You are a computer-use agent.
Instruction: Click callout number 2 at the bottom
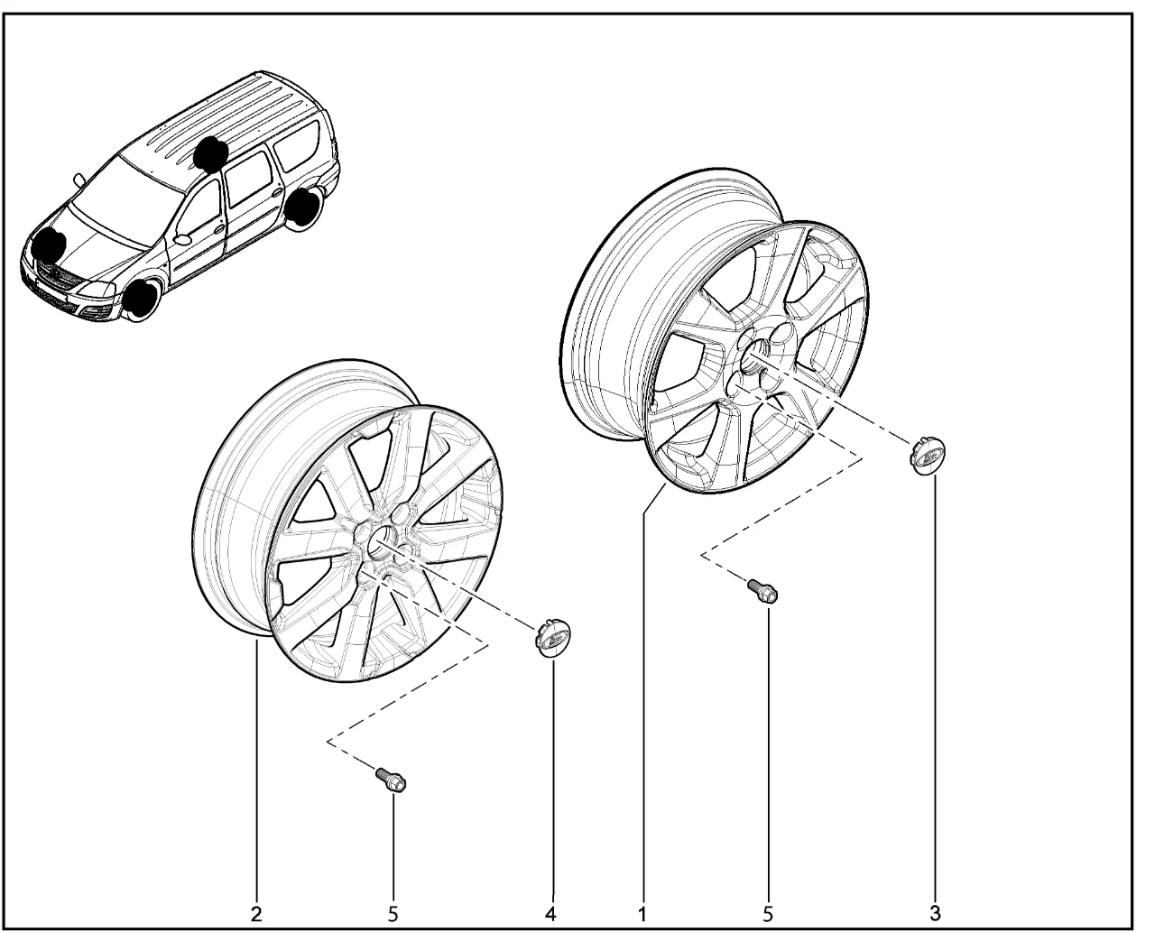256,915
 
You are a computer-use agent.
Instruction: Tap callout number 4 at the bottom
550,915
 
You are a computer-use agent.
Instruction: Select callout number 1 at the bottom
642,915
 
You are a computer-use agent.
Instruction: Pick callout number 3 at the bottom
935,914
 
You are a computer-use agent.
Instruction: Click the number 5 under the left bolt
393,915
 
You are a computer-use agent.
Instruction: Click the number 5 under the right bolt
768,915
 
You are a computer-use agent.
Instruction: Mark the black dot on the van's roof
210,152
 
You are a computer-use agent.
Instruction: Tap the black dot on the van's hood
50,245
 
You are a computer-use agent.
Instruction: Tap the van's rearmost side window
296,144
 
